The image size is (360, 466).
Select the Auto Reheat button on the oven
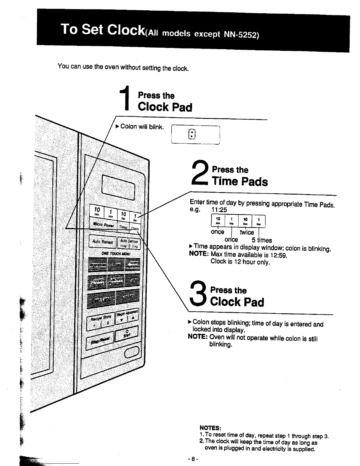(102, 242)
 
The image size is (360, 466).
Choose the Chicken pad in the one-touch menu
(128, 297)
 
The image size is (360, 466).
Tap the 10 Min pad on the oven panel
(97, 211)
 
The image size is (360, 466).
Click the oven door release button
(132, 352)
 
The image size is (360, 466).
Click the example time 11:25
(219, 209)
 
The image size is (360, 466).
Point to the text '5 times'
(262, 240)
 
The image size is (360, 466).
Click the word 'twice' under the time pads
(246, 232)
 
